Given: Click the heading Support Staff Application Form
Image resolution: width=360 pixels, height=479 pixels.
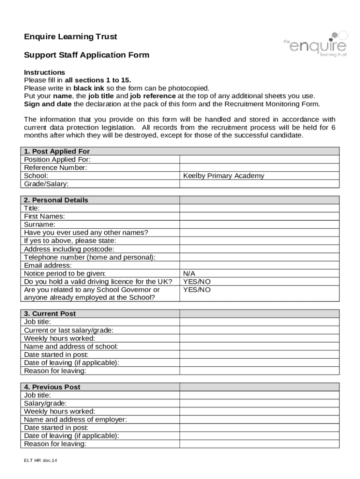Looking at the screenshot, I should pos(86,55).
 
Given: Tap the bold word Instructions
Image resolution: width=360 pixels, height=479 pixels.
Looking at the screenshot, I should pos(44,73).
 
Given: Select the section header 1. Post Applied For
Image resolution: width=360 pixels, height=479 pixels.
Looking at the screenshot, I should pos(57,152).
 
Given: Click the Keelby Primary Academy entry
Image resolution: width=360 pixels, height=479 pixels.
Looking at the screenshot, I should pos(223,176).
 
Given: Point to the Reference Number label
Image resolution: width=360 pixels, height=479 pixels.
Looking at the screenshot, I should pos(56,168).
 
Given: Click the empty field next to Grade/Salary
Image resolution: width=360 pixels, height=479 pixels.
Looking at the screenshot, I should pos(259,184).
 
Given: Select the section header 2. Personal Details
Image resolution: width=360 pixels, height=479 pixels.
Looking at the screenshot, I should pos(56,200).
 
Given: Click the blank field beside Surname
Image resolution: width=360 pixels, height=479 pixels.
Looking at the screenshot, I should pos(259,225).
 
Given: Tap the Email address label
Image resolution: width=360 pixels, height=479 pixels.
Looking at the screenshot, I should pos(48,265).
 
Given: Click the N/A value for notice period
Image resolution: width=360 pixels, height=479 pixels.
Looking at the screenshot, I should pos(189,273).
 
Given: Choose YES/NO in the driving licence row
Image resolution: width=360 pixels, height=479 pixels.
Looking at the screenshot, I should pos(197,282).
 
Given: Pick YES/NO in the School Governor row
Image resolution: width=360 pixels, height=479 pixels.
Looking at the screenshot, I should pos(197,290).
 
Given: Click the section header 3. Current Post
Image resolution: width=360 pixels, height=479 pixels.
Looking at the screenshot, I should pos(50,314).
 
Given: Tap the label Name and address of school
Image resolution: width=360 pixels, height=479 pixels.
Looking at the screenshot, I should pos(71,347).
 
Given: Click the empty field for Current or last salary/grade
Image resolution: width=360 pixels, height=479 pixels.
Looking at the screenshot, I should pos(259,330).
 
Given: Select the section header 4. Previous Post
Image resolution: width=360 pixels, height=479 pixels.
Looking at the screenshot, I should pos(52,387).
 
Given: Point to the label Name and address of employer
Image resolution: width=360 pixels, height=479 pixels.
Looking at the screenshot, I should pos(75,420).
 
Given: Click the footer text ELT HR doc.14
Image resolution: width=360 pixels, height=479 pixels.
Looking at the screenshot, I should pos(41,460).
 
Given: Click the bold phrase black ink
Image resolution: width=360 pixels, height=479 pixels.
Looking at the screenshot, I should pos(89,88).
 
